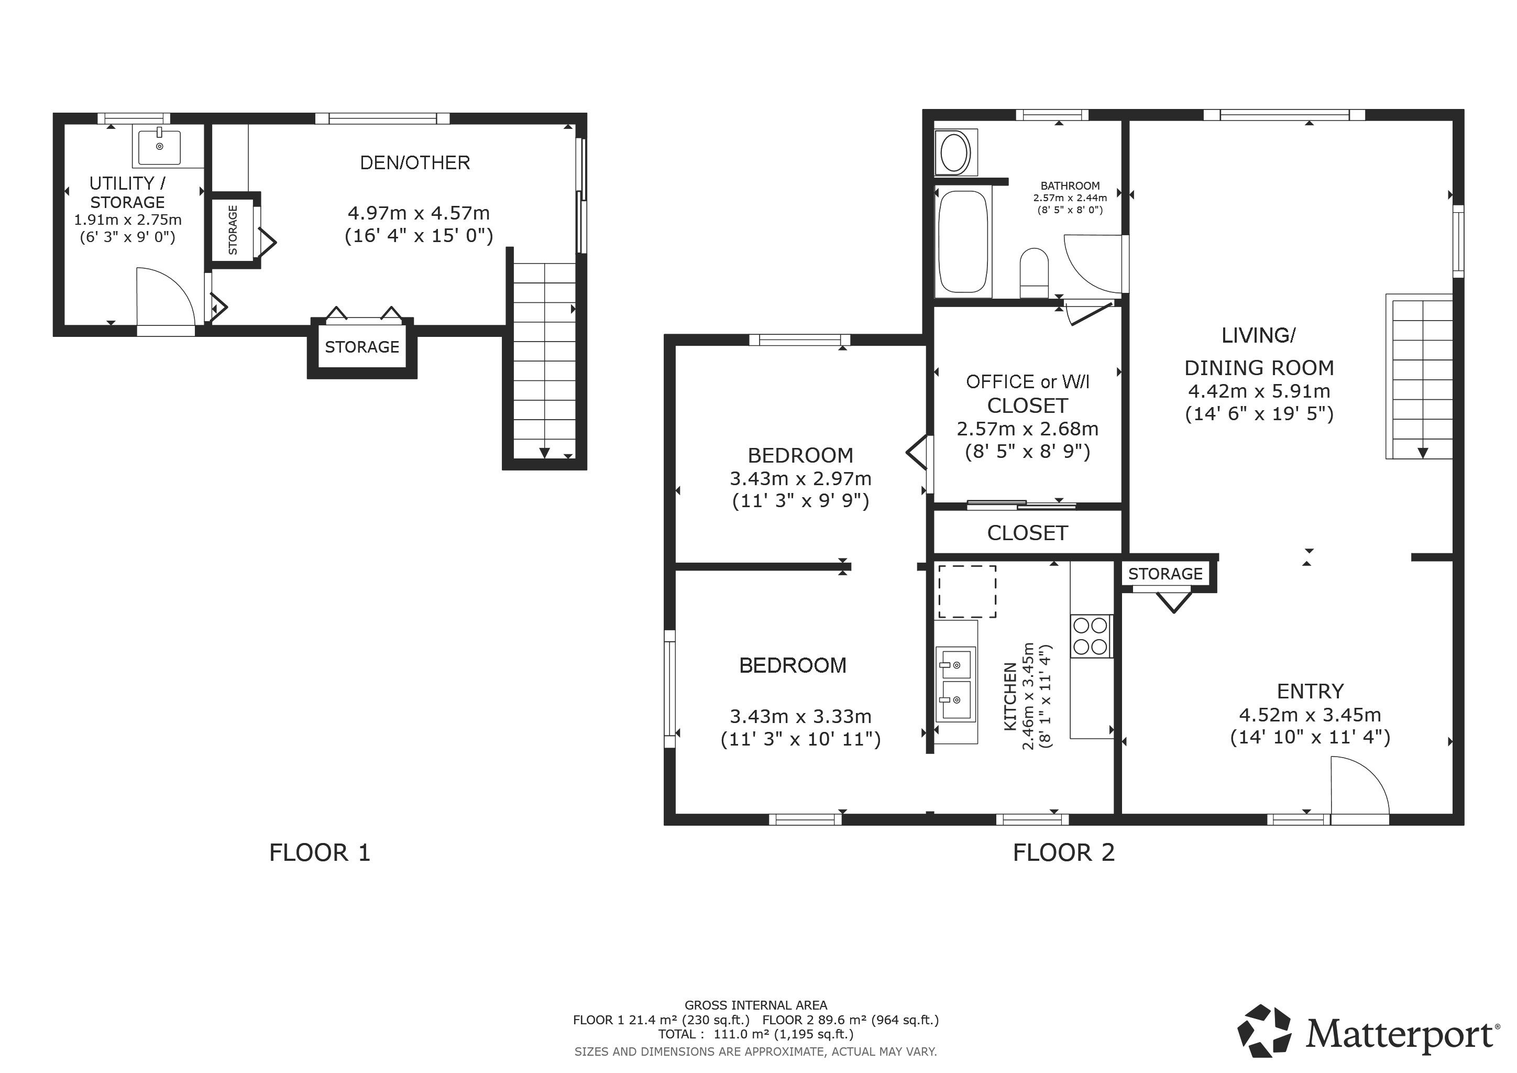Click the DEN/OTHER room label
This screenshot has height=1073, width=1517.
[415, 162]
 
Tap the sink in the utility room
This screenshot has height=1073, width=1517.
[159, 147]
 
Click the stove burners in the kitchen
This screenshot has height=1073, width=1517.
[1090, 636]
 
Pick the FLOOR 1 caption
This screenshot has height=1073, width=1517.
[320, 852]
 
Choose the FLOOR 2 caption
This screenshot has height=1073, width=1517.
[1064, 852]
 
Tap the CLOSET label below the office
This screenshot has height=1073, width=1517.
[1027, 533]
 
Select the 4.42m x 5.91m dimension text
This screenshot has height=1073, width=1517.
[1259, 391]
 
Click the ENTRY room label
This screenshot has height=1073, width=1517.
[1310, 691]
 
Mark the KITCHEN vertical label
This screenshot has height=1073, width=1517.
[1010, 696]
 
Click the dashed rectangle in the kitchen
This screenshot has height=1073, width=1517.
[968, 592]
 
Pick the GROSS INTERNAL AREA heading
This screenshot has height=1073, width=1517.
[756, 1005]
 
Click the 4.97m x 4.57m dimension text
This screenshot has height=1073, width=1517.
[419, 213]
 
